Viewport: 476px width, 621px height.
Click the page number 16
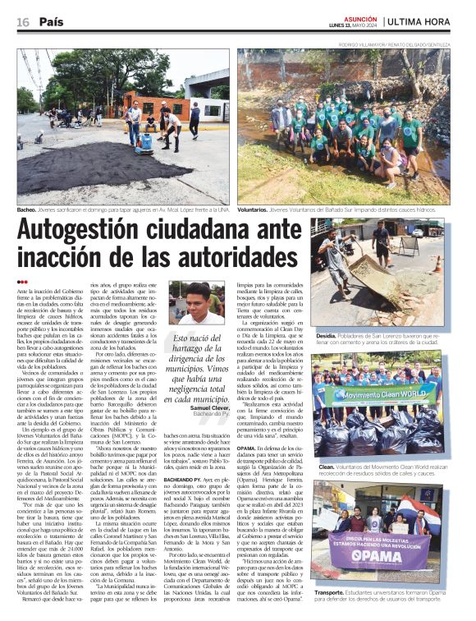(23, 21)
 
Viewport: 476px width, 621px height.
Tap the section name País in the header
(51, 21)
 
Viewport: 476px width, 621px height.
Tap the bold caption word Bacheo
(28, 210)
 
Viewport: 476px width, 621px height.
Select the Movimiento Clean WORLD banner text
(379, 393)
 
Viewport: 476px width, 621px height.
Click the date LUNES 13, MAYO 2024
(357, 25)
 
